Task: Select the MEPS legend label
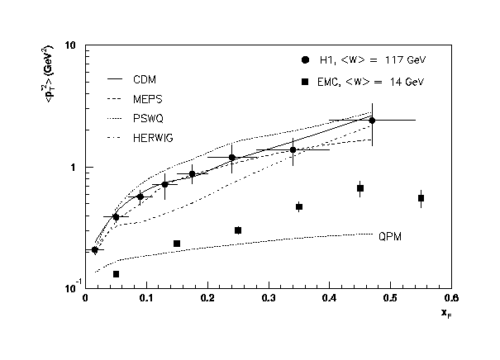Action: coord(147,98)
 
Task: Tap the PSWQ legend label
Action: coord(148,117)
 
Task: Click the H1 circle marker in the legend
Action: coord(306,60)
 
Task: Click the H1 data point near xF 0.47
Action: coord(372,120)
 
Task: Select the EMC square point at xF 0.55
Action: coord(421,198)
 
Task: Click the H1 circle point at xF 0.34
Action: coord(293,149)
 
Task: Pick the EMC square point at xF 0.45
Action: coord(360,188)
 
